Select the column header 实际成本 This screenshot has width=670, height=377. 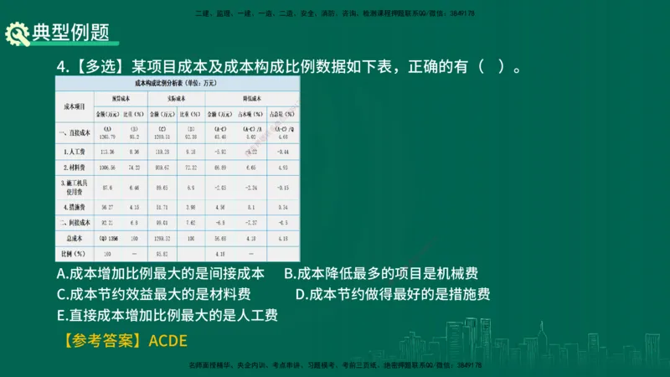click(175, 98)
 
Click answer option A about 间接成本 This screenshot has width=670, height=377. click(161, 273)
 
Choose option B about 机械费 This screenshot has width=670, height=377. click(381, 273)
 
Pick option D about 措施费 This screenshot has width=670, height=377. click(393, 294)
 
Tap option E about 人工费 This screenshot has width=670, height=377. click(167, 315)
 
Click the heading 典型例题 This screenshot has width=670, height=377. click(70, 34)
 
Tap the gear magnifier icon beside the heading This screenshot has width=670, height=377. click(18, 34)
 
